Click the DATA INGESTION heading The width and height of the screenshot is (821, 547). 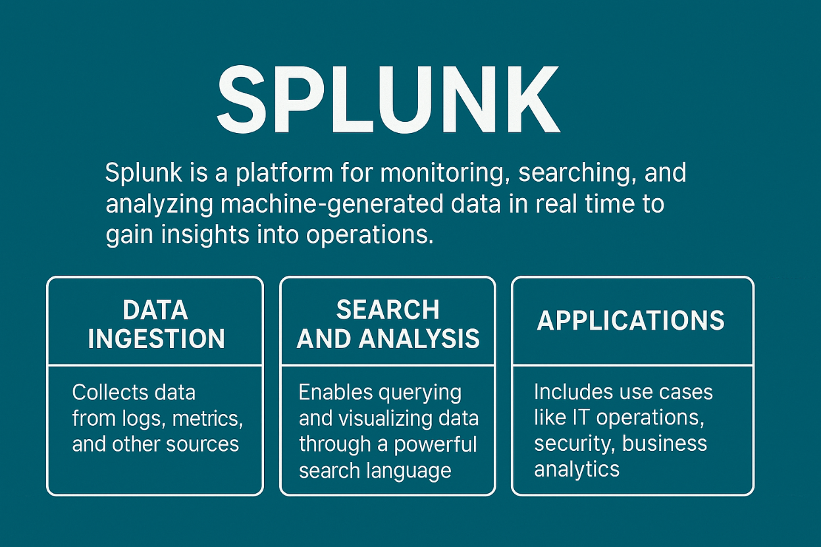coord(156,325)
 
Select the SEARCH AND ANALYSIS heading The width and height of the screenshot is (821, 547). coord(388,325)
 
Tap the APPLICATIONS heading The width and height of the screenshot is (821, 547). coord(631,321)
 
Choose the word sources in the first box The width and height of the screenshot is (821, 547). coord(203,444)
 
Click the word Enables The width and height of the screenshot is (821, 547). coord(335,392)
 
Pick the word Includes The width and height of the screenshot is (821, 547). coord(573,392)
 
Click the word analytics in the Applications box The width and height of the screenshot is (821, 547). coord(577,469)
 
